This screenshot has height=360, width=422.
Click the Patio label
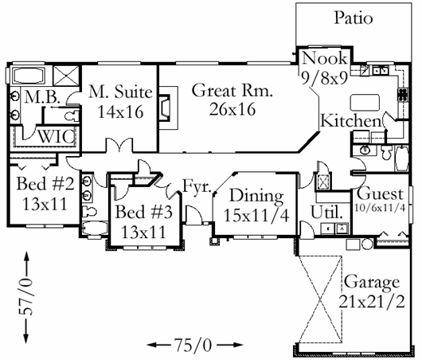point(354,18)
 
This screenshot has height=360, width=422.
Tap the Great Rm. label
point(232,91)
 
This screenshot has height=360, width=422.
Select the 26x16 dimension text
point(232,109)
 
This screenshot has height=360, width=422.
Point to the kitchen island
point(365,102)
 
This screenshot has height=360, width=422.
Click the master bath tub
point(29,76)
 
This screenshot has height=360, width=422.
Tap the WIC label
point(56,136)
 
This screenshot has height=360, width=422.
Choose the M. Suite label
point(120,92)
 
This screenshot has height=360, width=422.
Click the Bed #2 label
point(45,184)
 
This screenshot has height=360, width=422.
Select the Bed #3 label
point(143,212)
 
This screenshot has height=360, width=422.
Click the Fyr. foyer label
point(197,186)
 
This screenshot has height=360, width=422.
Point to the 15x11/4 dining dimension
point(256,215)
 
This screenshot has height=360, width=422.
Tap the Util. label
point(327,213)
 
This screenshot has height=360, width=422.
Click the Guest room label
point(380,194)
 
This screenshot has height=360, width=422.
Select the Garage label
point(372,283)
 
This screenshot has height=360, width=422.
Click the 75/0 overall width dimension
point(193,345)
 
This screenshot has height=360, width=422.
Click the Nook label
point(325,58)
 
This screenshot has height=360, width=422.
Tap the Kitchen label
point(351,121)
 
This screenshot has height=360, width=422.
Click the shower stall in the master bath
point(66,76)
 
